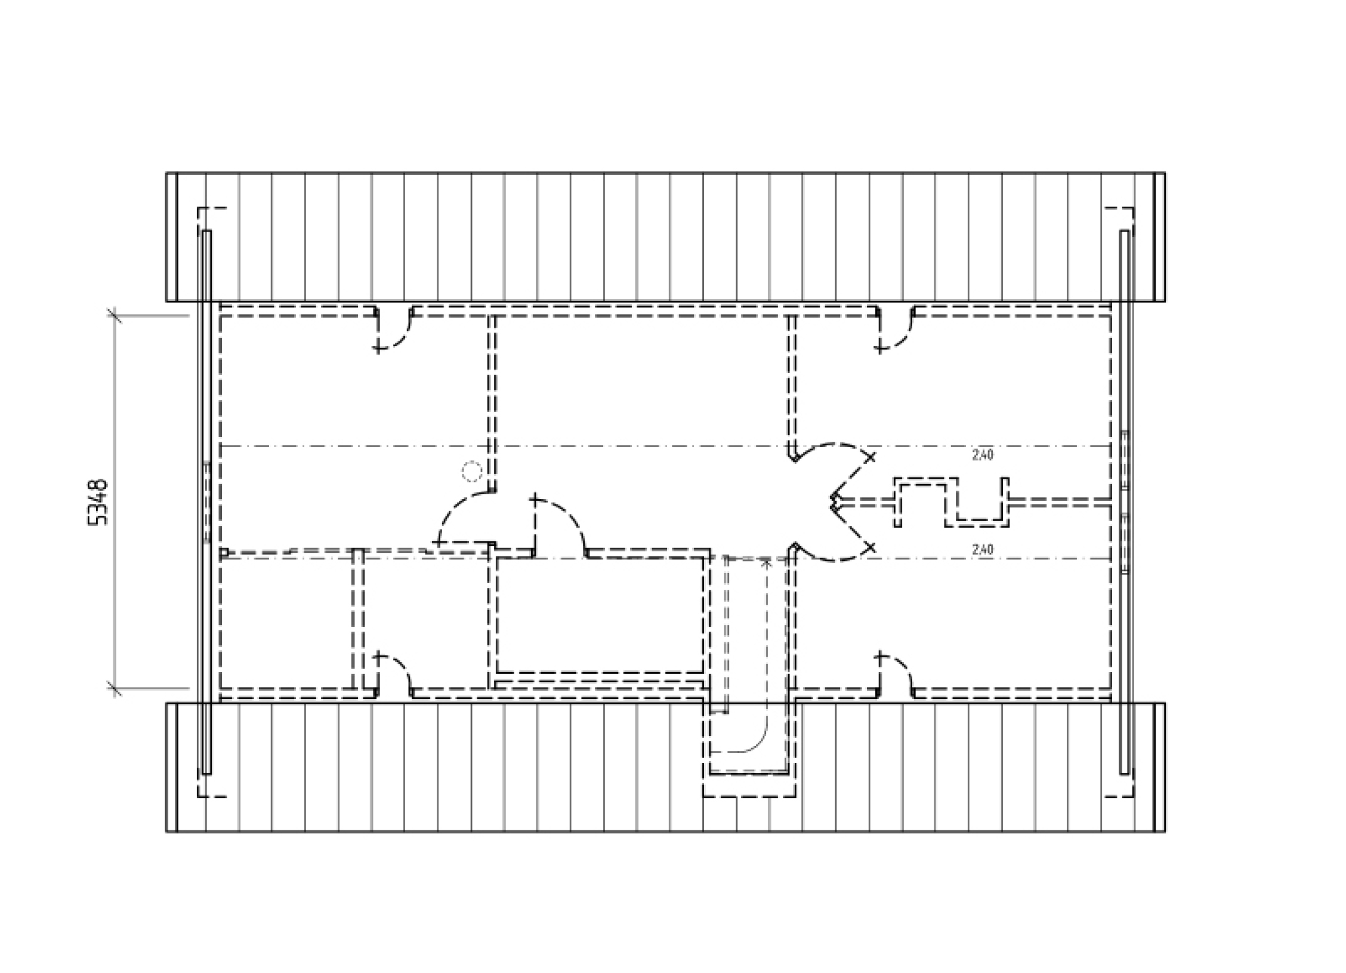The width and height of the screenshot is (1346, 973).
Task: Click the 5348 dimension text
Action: click(98, 502)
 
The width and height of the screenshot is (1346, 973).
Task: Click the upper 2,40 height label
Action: click(983, 455)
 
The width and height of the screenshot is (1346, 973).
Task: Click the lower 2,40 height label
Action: click(983, 549)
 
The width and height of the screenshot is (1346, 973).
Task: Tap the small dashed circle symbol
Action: click(472, 472)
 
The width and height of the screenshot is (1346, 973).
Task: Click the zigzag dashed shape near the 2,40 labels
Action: click(952, 502)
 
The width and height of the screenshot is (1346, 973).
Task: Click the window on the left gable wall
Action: click(206, 502)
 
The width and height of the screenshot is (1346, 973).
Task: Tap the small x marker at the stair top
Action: click(767, 562)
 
